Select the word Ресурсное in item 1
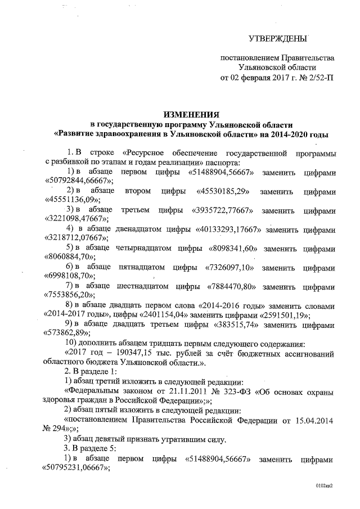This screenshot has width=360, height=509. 146,152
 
